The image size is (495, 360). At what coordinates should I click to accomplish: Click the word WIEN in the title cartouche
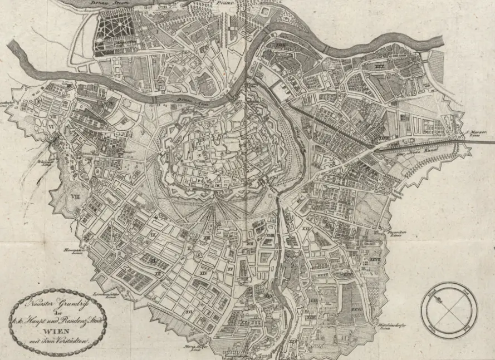57,324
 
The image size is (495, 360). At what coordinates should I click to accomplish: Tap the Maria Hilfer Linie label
192,348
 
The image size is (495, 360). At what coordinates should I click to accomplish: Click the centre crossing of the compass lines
449,310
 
